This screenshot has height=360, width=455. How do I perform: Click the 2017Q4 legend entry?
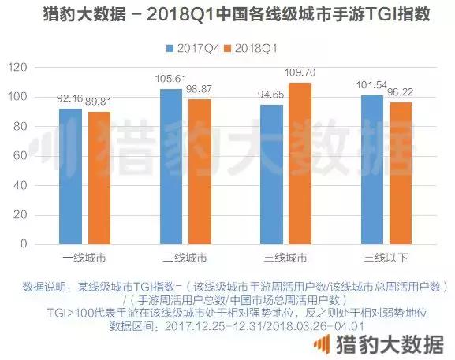[x=189, y=48]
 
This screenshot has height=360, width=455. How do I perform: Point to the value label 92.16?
[x=70, y=98]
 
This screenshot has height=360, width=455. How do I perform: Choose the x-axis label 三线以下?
[x=384, y=258]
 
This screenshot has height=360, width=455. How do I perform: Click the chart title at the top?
[x=227, y=15]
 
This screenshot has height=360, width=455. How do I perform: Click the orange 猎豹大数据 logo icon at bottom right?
[x=322, y=344]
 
